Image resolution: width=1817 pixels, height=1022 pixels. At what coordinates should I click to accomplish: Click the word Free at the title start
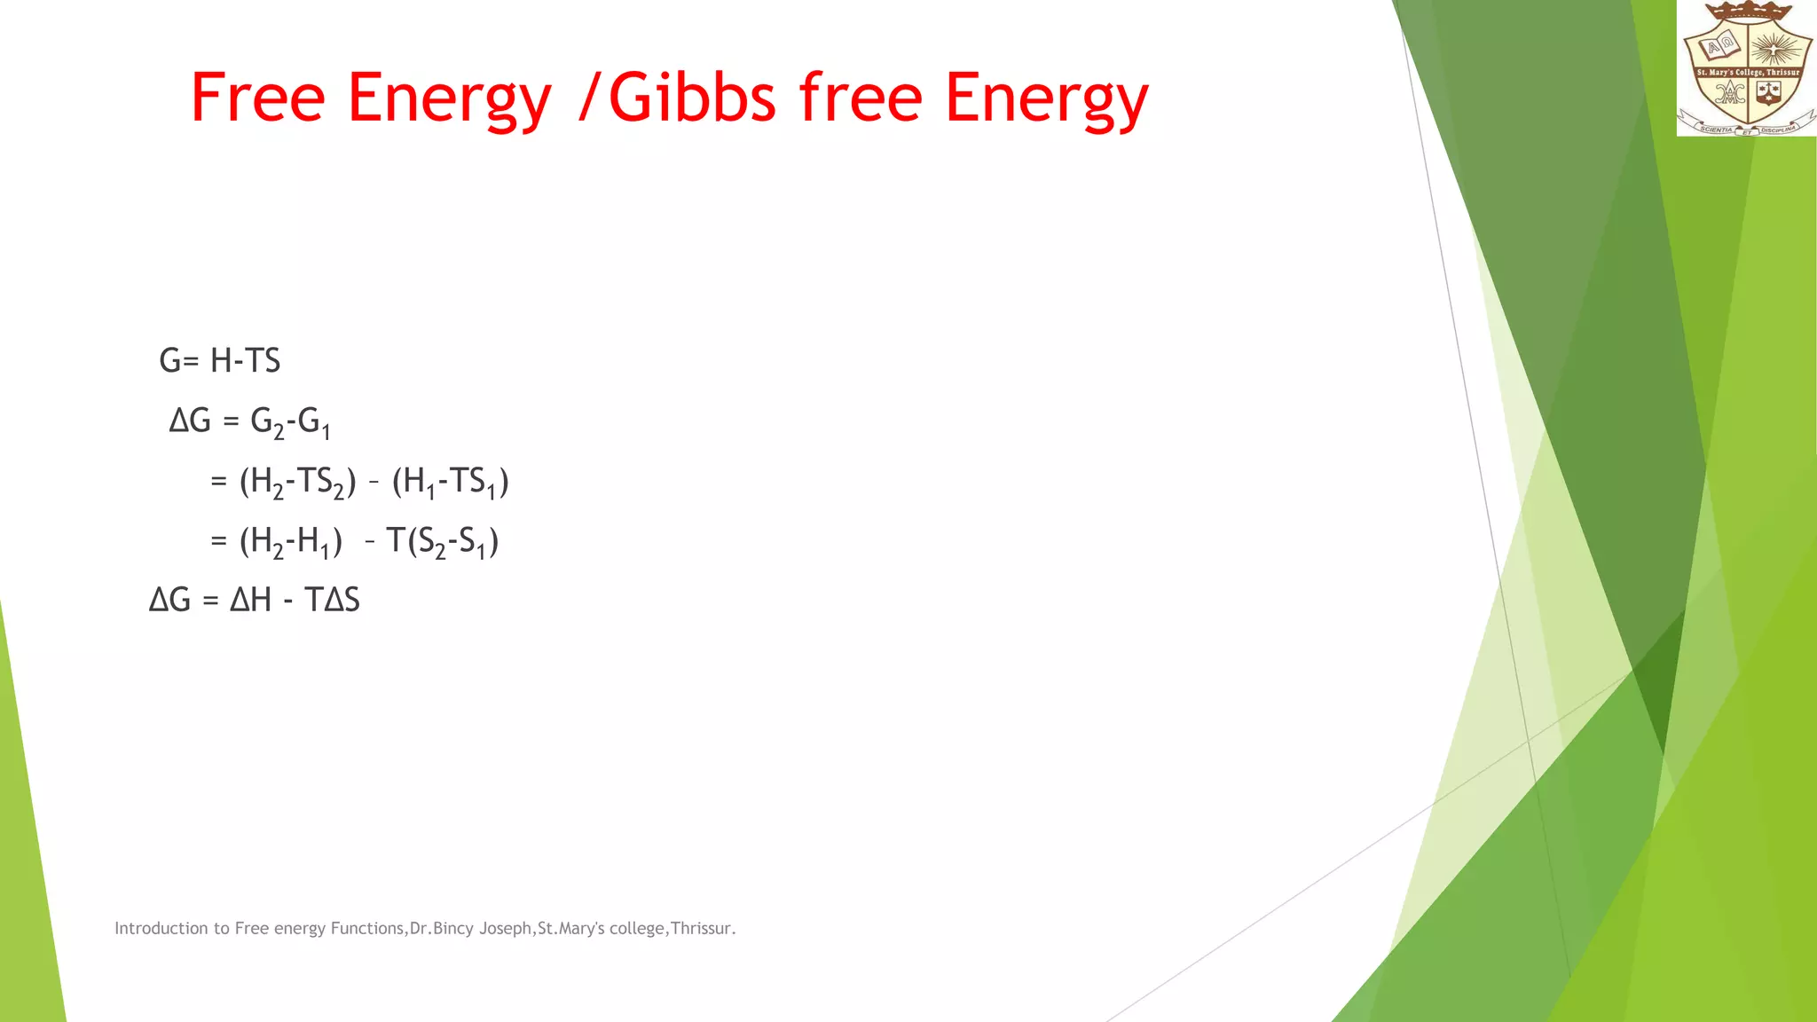[x=257, y=98]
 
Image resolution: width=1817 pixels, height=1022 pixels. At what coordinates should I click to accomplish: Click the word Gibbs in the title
[x=692, y=98]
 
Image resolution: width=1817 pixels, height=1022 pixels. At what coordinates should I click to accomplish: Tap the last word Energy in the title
[x=1047, y=99]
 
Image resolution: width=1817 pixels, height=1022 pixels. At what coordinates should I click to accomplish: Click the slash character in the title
[x=588, y=98]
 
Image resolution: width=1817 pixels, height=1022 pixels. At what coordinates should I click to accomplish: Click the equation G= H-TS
[x=220, y=361]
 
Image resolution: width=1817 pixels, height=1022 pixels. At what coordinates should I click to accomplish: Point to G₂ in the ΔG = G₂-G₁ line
[x=267, y=422]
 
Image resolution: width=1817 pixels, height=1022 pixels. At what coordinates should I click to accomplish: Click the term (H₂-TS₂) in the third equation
[x=297, y=482]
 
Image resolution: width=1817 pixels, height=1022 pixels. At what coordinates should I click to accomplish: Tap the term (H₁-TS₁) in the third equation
[x=450, y=482]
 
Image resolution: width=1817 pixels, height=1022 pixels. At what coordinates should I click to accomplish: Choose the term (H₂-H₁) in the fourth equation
[x=291, y=541]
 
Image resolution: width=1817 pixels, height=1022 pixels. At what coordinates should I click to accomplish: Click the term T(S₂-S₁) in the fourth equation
[x=442, y=541]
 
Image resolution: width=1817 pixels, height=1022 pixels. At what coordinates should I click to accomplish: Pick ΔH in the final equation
[x=250, y=601]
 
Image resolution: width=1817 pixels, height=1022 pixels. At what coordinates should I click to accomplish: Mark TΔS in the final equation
[x=332, y=601]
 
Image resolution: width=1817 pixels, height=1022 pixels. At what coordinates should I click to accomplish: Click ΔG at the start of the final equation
[x=169, y=601]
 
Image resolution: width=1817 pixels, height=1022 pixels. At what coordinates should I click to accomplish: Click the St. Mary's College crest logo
[x=1746, y=68]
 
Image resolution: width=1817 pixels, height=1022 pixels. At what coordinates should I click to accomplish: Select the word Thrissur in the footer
[x=701, y=929]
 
